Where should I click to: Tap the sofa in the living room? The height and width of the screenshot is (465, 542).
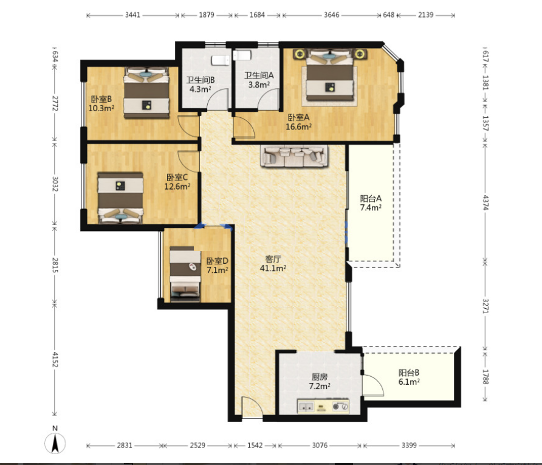click(294, 156)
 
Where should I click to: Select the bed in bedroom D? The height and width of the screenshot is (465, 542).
click(185, 274)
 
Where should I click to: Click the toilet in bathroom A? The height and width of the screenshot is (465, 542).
click(242, 55)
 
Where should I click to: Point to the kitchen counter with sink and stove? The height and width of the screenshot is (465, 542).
click(323, 406)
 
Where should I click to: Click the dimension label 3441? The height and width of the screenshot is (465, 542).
click(132, 15)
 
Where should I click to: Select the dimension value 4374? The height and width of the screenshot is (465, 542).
click(485, 202)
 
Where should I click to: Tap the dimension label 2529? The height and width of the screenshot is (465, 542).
click(197, 446)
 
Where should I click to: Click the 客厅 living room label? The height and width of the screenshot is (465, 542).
click(273, 259)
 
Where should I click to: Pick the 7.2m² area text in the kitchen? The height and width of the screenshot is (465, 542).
click(320, 386)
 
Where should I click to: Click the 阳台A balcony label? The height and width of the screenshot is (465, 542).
click(371, 198)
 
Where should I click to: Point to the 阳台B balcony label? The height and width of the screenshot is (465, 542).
click(409, 373)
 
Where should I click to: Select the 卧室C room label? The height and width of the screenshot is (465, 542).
click(177, 177)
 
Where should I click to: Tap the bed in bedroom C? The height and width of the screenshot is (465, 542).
click(120, 198)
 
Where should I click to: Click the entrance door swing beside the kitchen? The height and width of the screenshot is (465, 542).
click(252, 408)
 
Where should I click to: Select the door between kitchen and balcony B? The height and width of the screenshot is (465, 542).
click(373, 385)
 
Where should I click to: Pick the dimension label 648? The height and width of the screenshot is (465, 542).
click(388, 15)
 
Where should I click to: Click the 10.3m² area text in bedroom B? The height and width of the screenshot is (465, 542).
click(101, 108)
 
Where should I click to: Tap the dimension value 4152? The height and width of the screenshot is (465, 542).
click(55, 360)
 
